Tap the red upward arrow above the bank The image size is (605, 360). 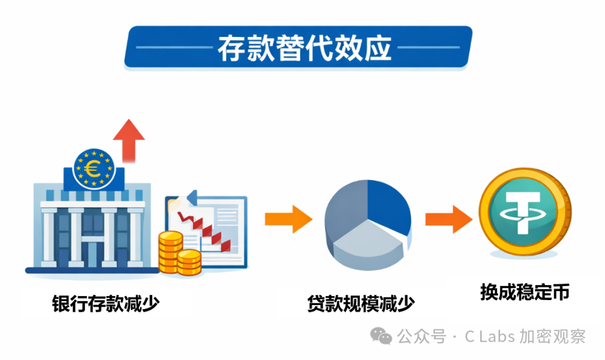click(129, 141)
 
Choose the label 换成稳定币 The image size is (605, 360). click(524, 292)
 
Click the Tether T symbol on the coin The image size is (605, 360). click(524, 213)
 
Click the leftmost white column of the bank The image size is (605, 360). click(49, 237)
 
